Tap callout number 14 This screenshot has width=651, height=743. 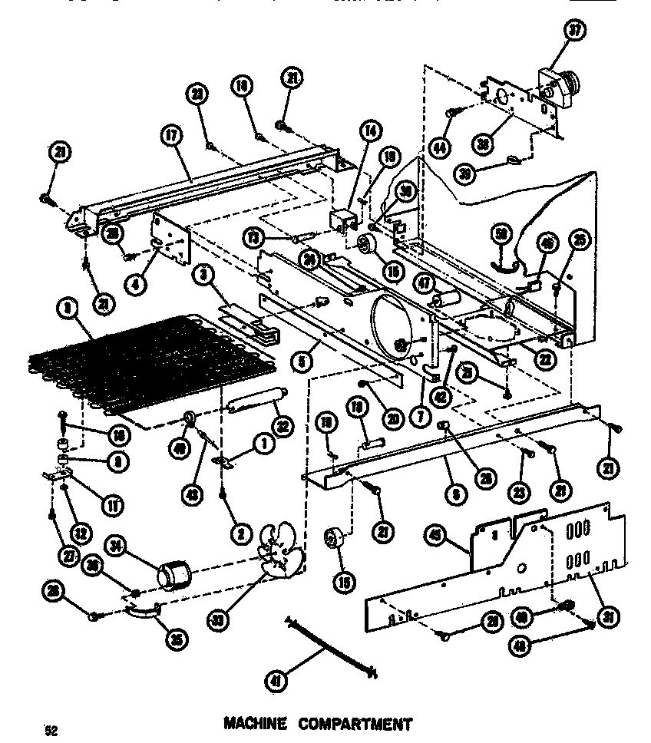point(372,130)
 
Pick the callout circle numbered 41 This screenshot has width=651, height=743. point(273,679)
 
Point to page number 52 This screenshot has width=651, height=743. point(51,729)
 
